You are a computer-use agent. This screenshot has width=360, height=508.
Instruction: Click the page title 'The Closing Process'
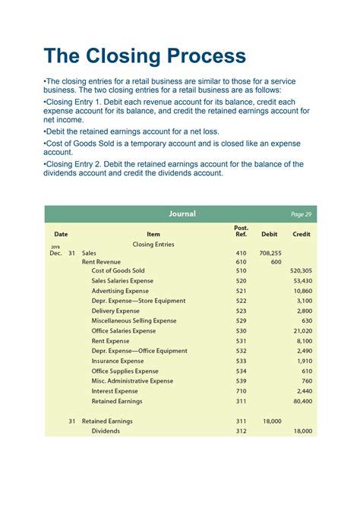tap(144, 55)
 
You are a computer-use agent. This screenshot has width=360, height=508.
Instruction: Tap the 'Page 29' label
tap(301, 215)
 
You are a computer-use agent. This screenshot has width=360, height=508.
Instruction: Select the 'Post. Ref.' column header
tap(242, 231)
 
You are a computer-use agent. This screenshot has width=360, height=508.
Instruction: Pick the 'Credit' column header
tap(301, 235)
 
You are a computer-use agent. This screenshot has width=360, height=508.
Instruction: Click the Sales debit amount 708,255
tap(270, 253)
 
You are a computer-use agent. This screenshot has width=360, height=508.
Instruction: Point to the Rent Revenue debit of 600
tap(276, 262)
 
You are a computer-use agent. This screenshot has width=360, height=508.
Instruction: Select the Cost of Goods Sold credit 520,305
tap(301, 271)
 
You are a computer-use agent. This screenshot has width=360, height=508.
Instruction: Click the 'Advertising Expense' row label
tap(120, 291)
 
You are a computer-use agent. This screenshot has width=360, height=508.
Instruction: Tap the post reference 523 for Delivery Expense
tap(242, 311)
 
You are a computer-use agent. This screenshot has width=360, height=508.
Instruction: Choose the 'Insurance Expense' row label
tap(118, 361)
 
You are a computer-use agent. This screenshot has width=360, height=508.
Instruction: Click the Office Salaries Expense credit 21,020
tap(302, 331)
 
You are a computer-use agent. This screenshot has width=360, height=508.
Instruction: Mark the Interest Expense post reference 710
tap(242, 391)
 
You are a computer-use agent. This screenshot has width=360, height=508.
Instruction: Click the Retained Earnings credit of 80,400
tap(302, 401)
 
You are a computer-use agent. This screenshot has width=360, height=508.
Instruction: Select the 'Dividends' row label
tap(106, 431)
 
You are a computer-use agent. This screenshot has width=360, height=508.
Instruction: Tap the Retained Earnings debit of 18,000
tap(271, 421)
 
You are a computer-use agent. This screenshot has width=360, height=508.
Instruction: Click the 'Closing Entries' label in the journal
tap(153, 245)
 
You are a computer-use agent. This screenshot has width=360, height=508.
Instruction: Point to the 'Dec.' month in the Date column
tap(55, 253)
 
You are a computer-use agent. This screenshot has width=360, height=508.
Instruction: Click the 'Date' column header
tap(60, 235)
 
